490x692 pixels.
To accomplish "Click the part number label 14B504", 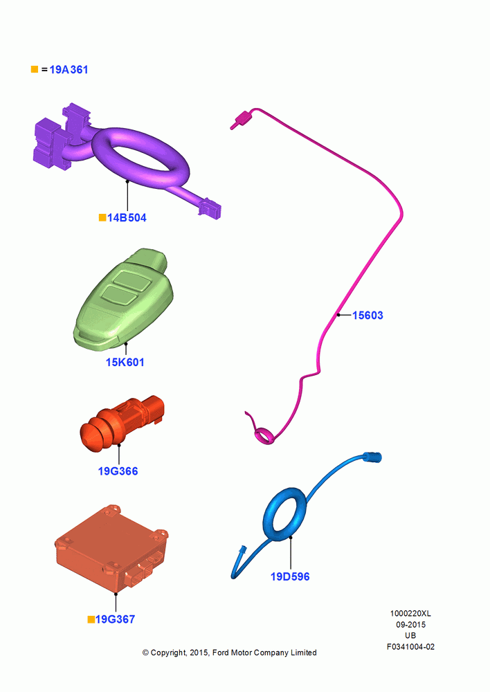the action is [127, 217].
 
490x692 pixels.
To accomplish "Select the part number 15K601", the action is [125, 363].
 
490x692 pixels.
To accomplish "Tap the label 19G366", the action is [118, 471].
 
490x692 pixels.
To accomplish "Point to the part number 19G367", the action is [115, 619].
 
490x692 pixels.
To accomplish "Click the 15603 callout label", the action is [367, 315].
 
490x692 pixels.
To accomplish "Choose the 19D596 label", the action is [290, 577].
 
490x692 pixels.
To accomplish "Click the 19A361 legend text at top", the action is [69, 70].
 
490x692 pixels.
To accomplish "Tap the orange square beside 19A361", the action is [35, 69].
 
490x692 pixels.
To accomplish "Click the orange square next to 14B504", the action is [102, 217].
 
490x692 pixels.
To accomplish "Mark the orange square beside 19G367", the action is [91, 619].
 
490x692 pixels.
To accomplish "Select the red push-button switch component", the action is [121, 423].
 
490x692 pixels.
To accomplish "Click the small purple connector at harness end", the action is [210, 209].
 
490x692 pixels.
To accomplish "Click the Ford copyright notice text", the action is [230, 653].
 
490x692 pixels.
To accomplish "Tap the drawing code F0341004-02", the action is [410, 646].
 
